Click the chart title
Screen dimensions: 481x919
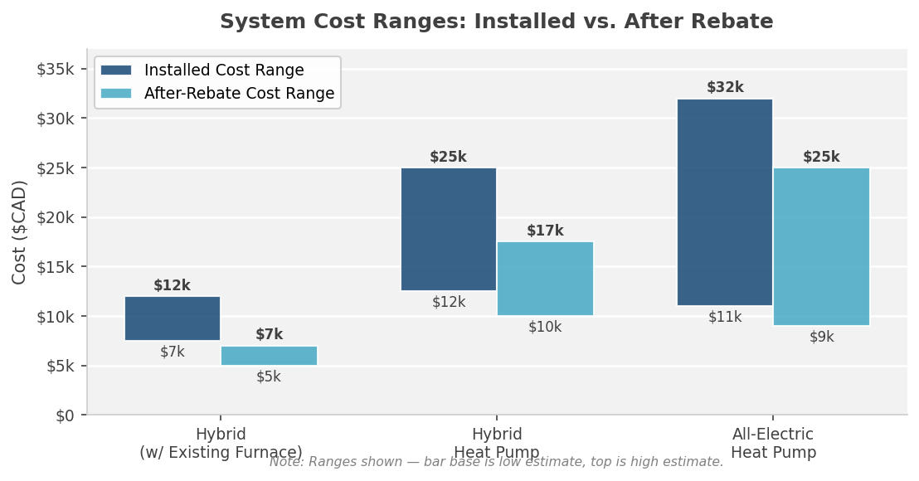coord(496,22)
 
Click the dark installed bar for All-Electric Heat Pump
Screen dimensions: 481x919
coord(725,202)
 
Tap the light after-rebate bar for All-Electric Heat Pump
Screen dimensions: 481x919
coord(821,246)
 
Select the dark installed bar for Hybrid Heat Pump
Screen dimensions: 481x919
coord(449,229)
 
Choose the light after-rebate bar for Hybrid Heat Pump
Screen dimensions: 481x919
coord(545,279)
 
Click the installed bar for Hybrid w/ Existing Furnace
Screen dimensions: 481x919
coord(173,318)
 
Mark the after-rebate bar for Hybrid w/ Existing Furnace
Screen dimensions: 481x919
coord(269,356)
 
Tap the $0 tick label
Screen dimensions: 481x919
coord(65,415)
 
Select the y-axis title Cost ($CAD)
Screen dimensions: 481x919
coord(20,232)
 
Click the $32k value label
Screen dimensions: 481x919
coord(725,87)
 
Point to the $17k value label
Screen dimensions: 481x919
coord(545,231)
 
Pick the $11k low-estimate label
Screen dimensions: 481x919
coord(725,317)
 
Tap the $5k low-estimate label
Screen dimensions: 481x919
coord(269,377)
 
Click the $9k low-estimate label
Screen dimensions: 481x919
coord(821,337)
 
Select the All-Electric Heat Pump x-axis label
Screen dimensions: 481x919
coord(773,444)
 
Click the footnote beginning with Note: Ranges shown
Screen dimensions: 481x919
coord(496,462)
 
